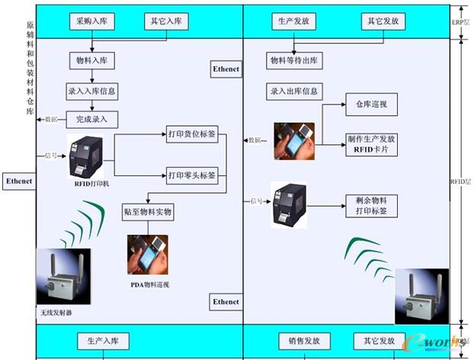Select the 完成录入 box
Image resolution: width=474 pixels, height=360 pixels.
[x=91, y=120]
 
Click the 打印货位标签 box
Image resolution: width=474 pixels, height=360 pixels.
[x=191, y=135]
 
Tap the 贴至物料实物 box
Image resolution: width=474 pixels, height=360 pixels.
[x=148, y=211]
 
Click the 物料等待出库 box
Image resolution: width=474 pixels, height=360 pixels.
[x=293, y=60]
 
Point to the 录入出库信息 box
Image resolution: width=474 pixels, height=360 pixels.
[x=293, y=92]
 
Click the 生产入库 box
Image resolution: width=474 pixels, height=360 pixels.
[x=103, y=340]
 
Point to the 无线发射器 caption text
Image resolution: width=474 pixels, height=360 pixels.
[x=58, y=313]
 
